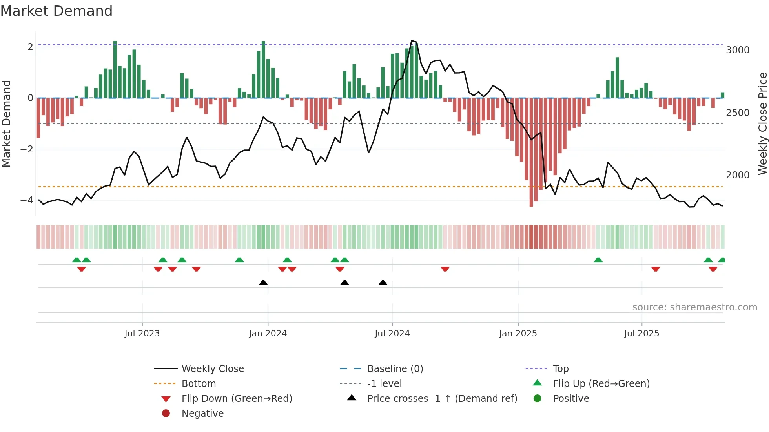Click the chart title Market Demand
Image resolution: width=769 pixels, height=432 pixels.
[56, 11]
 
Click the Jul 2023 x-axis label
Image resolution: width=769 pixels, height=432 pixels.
[142, 334]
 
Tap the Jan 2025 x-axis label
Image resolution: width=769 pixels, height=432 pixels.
[518, 334]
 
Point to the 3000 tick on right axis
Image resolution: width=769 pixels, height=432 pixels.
[738, 50]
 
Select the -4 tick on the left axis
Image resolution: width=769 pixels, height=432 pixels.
[27, 200]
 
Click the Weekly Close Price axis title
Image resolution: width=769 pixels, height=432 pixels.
[762, 123]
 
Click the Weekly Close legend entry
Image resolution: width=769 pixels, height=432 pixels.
[212, 369]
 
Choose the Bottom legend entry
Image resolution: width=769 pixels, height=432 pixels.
[199, 384]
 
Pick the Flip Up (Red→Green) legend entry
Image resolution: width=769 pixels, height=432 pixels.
[601, 384]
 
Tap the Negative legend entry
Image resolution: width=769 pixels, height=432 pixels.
[202, 414]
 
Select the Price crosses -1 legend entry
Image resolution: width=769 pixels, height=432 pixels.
[442, 399]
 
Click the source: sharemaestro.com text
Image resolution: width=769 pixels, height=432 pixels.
[694, 307]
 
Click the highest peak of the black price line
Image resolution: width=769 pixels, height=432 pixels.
[412, 41]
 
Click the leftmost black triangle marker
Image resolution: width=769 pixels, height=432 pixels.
[263, 283]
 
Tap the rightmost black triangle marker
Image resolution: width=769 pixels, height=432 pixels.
[383, 283]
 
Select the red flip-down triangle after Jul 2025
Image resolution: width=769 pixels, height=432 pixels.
[656, 269]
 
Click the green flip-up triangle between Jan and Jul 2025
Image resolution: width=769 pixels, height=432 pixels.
[598, 260]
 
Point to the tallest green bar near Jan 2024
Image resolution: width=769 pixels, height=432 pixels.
[263, 69]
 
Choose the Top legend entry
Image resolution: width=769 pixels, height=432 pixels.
[560, 369]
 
